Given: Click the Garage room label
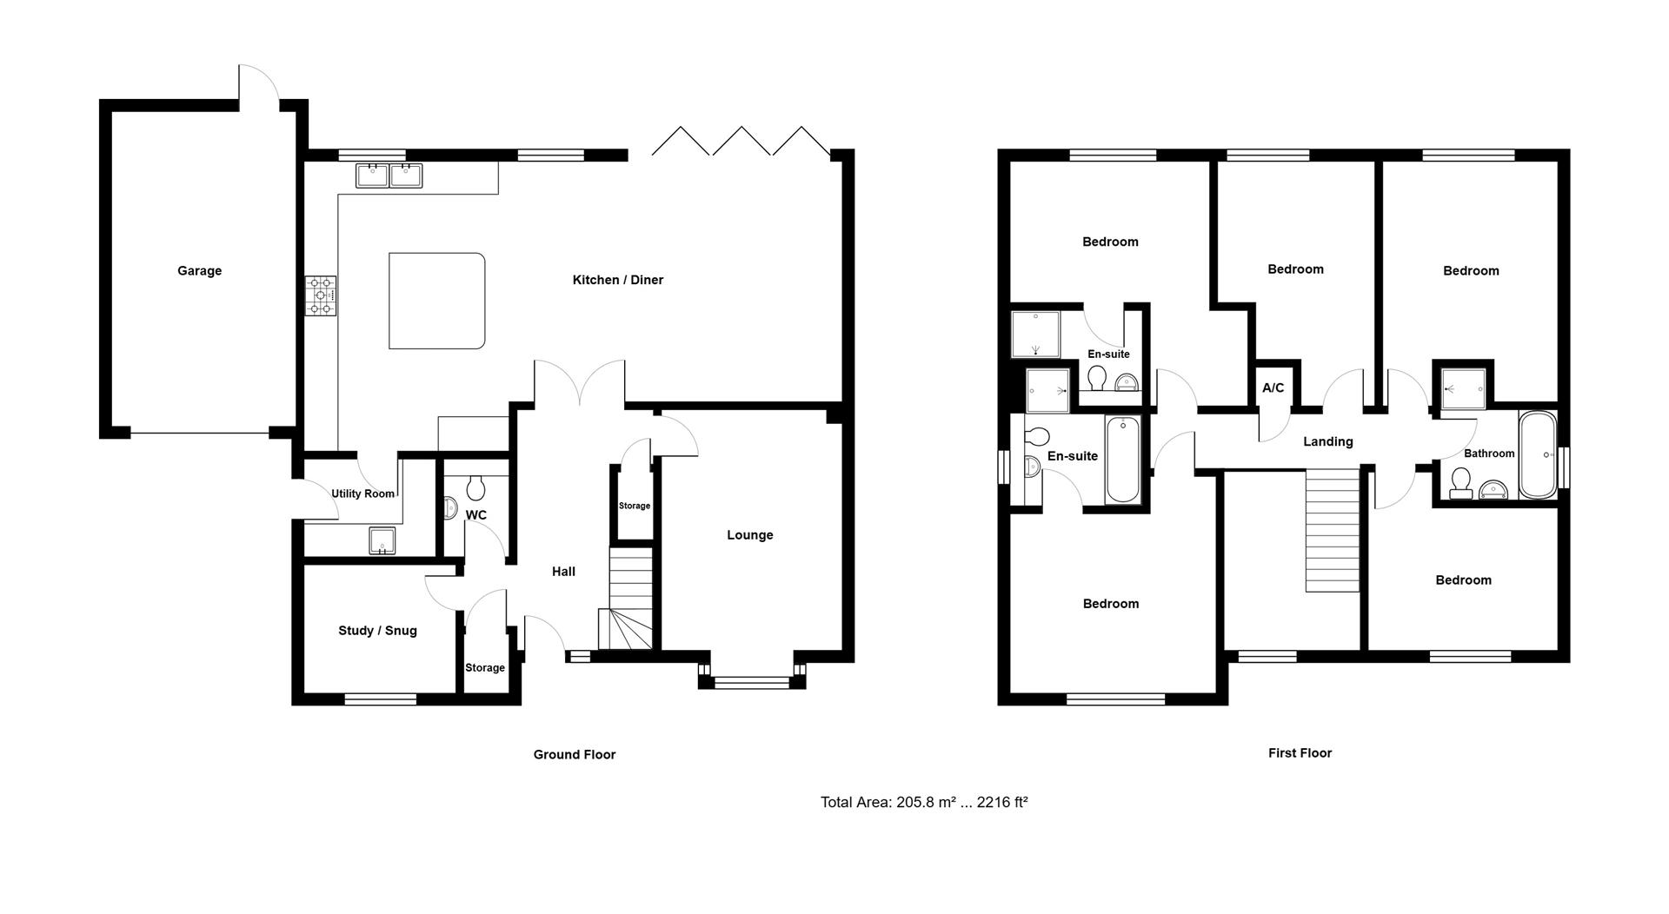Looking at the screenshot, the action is (199, 271).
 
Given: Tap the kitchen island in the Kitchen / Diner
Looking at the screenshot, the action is (436, 301).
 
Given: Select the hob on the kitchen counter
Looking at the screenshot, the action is (320, 295).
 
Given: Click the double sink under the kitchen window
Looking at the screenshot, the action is (389, 176).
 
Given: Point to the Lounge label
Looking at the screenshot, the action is (750, 535).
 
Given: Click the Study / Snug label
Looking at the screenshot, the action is (377, 631).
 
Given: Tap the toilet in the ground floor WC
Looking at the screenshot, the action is (475, 487).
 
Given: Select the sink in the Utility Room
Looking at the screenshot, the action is (382, 540).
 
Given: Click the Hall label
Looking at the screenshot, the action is (563, 572).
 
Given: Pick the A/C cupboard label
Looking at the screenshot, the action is (1273, 388).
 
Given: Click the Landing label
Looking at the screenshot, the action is (1327, 442).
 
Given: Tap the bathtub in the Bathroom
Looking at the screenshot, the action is (1537, 454).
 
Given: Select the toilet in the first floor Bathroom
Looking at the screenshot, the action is (1460, 483).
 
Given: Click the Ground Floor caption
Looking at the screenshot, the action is (575, 755).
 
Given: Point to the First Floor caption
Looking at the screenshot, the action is (1300, 753).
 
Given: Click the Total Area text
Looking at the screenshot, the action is (924, 803).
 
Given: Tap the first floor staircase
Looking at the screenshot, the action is (1333, 531).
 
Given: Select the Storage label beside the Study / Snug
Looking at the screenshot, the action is (485, 668).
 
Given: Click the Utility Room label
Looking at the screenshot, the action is (362, 494).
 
